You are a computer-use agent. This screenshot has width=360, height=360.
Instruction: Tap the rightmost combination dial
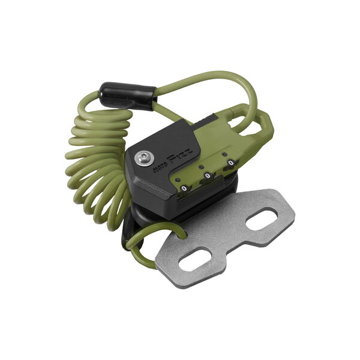tap(228, 164)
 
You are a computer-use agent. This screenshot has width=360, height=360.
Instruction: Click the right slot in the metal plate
tap(261, 220)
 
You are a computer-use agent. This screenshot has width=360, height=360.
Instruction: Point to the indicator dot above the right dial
tap(223, 153)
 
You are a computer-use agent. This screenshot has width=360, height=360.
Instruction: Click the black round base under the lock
tap(180, 222)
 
